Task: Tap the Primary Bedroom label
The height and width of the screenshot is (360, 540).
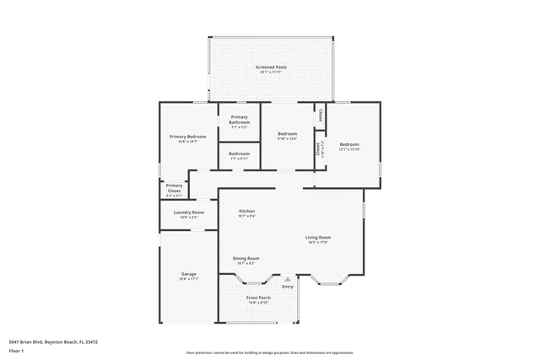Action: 187,136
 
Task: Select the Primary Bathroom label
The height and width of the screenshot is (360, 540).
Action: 240,120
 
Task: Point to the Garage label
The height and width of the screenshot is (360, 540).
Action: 189,273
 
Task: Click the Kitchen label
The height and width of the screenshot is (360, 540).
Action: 246,211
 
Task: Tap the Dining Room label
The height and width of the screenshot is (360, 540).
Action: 246,258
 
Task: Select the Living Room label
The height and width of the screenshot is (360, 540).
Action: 317,237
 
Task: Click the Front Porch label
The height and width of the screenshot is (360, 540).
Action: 258,298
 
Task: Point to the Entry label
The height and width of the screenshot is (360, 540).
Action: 288,287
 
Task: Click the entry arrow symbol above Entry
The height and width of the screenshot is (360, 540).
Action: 288,277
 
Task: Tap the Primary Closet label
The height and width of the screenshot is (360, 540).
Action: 174,188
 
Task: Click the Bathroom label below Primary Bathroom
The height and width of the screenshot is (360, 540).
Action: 240,153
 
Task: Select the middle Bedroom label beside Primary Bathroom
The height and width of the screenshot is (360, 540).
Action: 288,133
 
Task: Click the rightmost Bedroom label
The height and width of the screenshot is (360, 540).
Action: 349,144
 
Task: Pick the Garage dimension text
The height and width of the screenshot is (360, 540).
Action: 189,279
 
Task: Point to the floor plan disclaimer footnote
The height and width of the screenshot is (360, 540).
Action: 270,353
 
